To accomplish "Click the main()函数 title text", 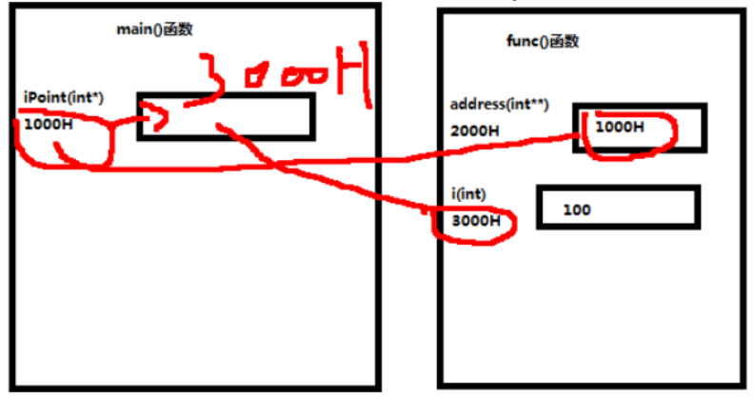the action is click(153, 29).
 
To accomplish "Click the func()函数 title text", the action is click(542, 41).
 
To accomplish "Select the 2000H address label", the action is click(475, 129).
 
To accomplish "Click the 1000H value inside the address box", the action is click(619, 126).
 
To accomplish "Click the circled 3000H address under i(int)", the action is click(475, 221).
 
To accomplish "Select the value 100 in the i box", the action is click(577, 208).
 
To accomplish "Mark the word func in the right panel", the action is click(522, 41).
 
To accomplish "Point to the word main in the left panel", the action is click(132, 29).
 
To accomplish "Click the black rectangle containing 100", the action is click(618, 208).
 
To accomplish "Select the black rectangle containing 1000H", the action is click(641, 128).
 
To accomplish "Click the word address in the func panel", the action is click(477, 105).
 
